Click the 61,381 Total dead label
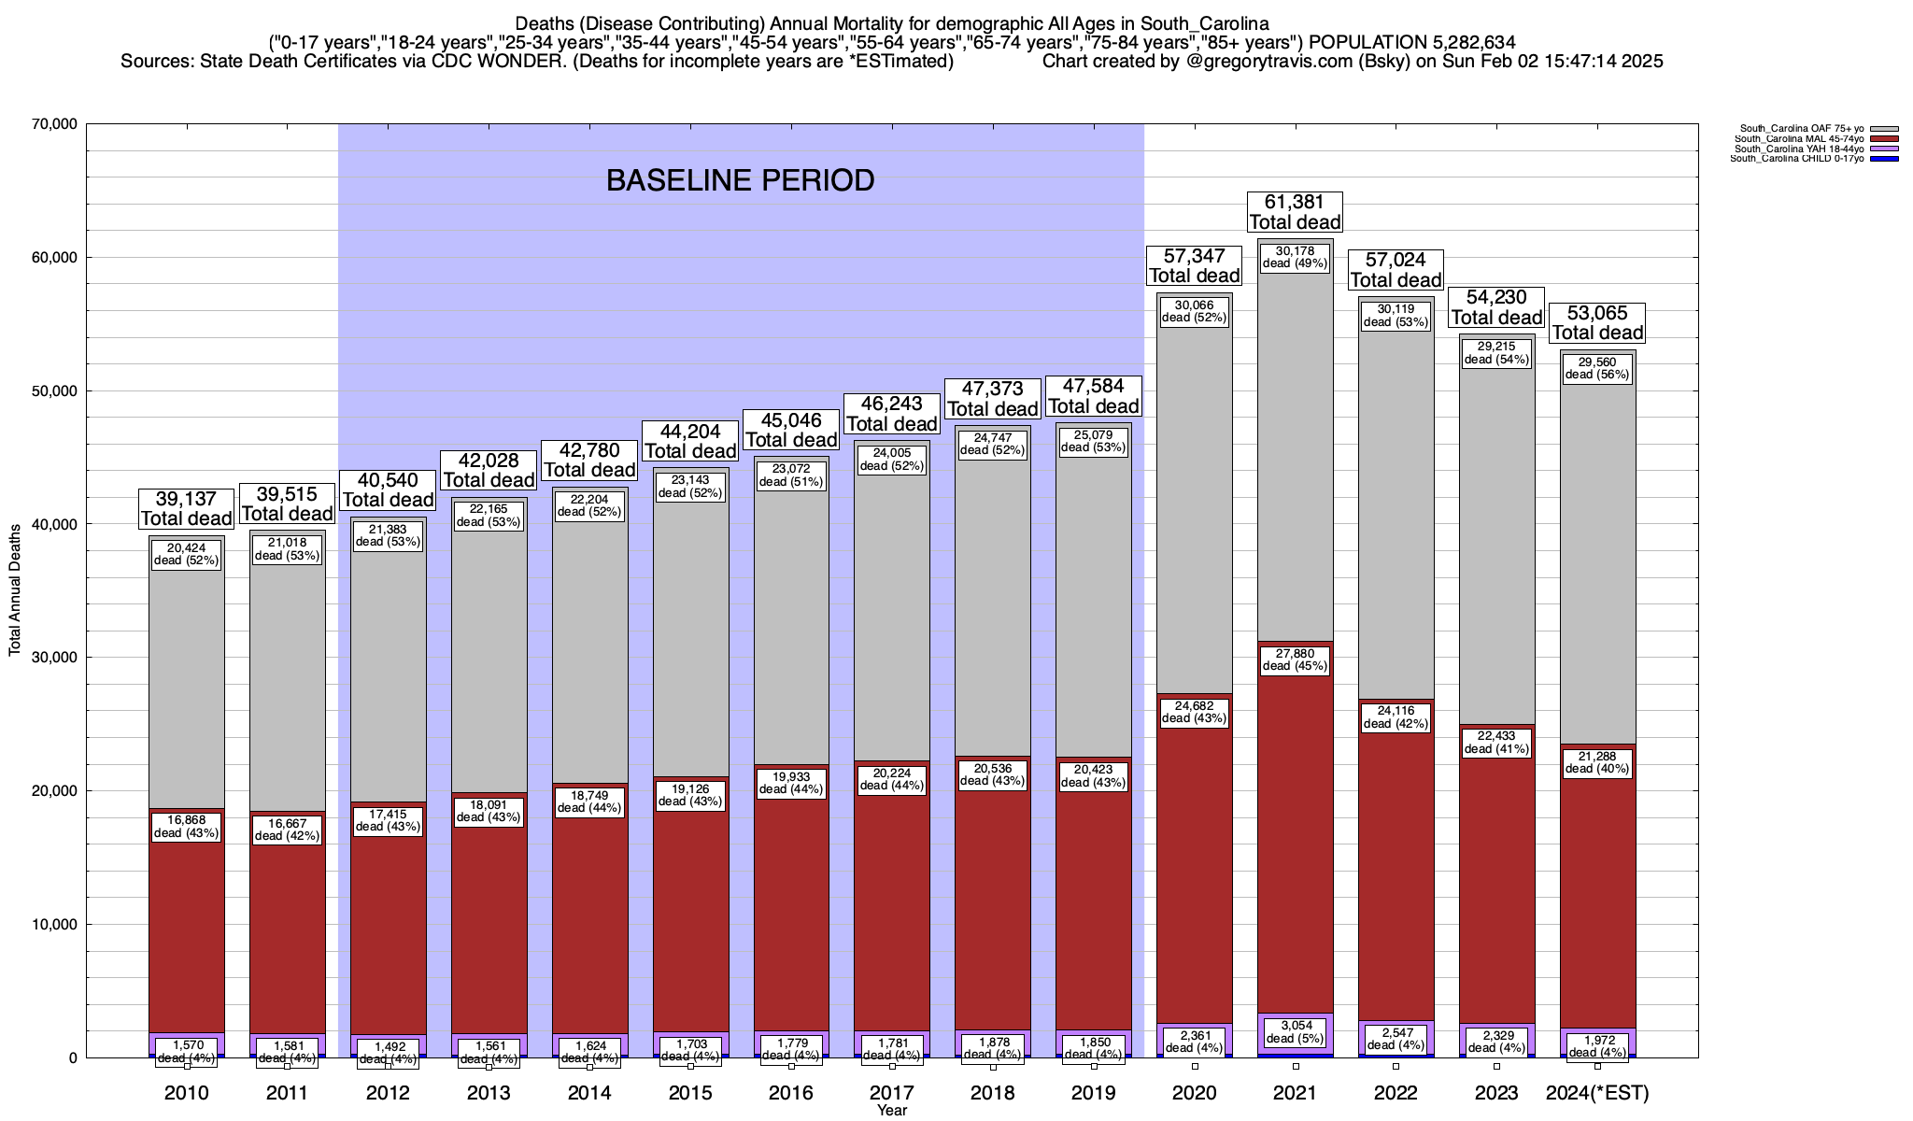[1295, 212]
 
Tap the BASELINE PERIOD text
[740, 180]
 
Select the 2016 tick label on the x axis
[791, 1093]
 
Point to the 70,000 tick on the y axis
[54, 124]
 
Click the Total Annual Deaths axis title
[15, 589]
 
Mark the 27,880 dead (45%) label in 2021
[1295, 660]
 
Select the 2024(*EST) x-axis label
[1597, 1093]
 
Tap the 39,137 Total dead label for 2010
[186, 509]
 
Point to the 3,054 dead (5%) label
[1295, 1031]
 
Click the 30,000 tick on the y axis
[54, 658]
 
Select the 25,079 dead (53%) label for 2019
[1094, 441]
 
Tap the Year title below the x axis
[892, 1111]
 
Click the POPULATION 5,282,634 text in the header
[1411, 42]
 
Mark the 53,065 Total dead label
[1597, 323]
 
